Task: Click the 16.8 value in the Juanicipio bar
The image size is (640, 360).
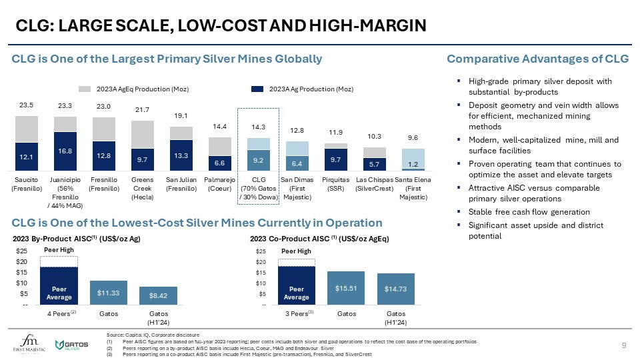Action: (65, 151)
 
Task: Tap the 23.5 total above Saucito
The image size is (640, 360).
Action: (27, 105)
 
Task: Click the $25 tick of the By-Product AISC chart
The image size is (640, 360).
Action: (23, 251)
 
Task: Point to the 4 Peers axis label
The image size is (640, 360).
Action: (59, 313)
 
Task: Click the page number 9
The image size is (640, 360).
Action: (623, 345)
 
